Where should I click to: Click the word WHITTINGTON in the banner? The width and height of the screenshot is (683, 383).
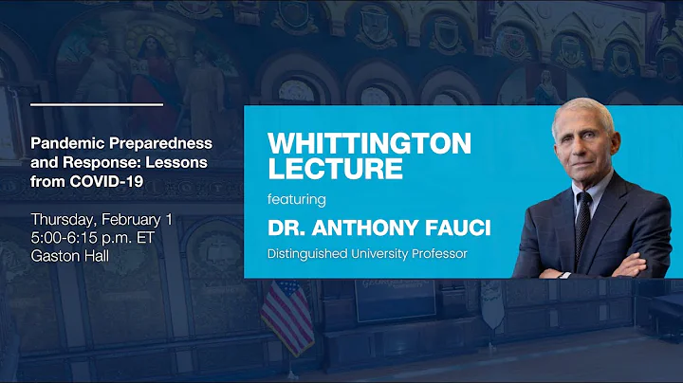point(369,143)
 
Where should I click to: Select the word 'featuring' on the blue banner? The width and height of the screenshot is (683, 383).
point(297,200)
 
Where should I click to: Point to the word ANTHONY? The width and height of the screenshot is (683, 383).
point(365,229)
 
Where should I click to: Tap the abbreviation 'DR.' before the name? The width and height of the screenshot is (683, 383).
point(288,229)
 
